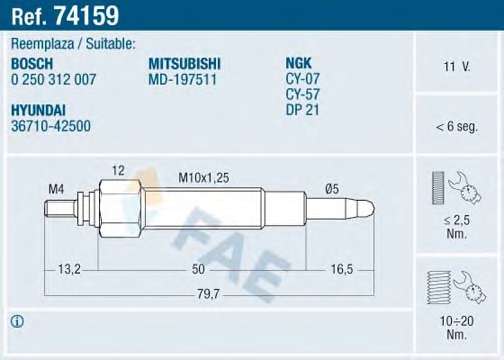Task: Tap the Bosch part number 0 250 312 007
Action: point(54,79)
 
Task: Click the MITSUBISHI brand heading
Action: point(184,63)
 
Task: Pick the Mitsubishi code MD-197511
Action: point(182,79)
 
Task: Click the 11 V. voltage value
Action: point(455,67)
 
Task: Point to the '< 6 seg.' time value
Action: point(455,127)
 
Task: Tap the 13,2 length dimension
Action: point(68,269)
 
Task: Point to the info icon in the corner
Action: point(18,322)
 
